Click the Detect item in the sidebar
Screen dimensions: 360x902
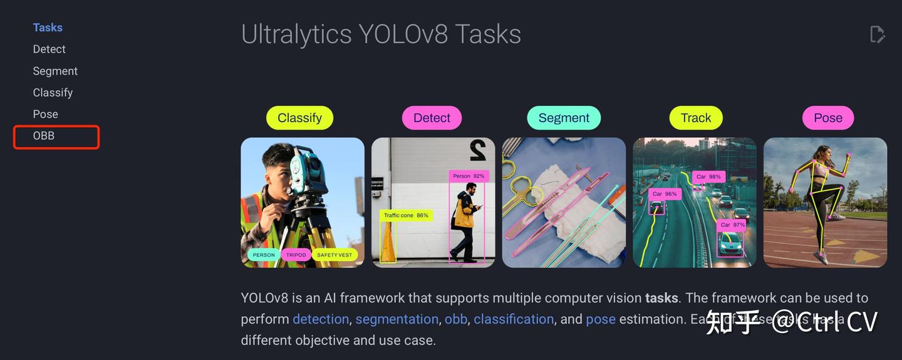[49, 49]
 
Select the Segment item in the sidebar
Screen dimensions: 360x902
[55, 71]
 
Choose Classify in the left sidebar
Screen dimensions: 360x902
[53, 93]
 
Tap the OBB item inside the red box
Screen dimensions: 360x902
[44, 135]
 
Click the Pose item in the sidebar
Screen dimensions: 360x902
[45, 114]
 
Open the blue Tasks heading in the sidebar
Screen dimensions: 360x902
[48, 28]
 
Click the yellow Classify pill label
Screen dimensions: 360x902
[299, 118]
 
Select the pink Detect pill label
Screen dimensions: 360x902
[432, 118]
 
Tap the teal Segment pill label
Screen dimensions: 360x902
[564, 118]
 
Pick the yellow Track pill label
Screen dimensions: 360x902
[696, 118]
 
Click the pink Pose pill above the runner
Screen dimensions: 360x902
[827, 118]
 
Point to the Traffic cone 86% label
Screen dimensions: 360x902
[406, 215]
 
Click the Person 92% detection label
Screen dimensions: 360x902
[469, 176]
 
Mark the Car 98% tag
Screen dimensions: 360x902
[708, 177]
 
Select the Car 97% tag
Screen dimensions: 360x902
[732, 225]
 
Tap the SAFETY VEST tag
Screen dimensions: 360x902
[334, 255]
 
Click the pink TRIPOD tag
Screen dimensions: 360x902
[296, 255]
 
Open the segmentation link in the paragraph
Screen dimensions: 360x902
[397, 319]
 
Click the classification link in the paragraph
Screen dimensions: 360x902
[514, 319]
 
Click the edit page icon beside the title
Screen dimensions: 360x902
[877, 34]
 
